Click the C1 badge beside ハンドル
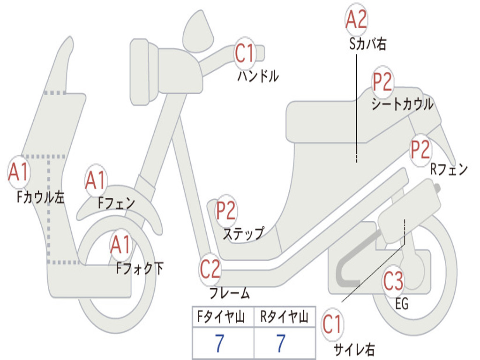coord(244,53)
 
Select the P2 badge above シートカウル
coord(382,82)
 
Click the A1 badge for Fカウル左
coord(19,172)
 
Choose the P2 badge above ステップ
coord(226,211)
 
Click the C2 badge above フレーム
coord(210,269)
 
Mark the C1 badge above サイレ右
coord(332,325)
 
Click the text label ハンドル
coord(258,76)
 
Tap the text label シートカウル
coord(402,104)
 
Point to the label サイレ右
coord(354,349)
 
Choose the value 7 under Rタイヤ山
coord(281,344)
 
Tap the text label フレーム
coord(229,294)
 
